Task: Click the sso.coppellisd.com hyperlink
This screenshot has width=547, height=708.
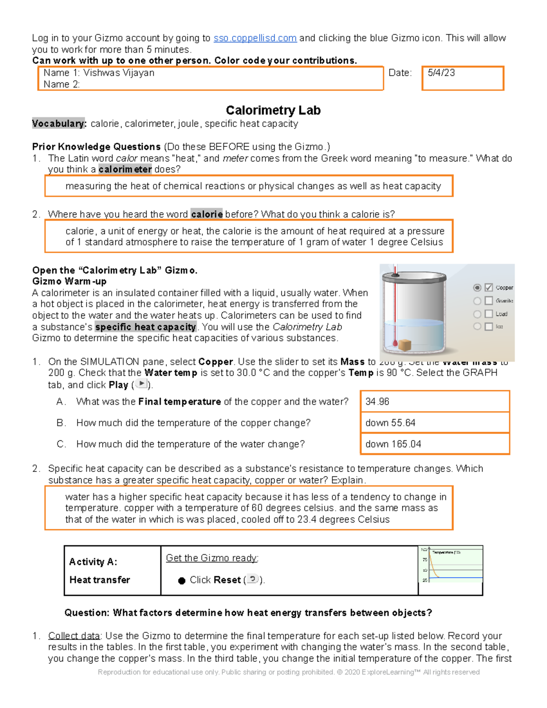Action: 255,38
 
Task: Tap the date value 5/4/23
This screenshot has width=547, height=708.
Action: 441,73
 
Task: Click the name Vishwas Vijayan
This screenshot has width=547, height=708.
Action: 119,73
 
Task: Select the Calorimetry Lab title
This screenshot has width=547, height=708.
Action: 273,110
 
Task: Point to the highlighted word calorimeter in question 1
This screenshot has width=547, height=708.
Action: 125,170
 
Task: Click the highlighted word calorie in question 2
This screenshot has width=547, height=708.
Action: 206,214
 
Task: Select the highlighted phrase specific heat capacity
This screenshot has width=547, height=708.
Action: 145,327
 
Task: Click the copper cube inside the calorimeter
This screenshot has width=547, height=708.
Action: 404,345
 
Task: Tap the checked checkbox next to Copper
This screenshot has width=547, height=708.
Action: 489,287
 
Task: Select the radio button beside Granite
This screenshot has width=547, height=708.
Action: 477,301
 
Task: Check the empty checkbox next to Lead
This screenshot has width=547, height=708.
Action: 489,314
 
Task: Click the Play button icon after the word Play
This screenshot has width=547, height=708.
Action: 142,384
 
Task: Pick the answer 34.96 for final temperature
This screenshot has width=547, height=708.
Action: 377,402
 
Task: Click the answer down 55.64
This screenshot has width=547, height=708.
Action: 390,423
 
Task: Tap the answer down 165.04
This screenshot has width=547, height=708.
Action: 393,444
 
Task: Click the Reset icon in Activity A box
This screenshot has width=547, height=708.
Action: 253,579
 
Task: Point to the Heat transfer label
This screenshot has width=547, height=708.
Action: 99,580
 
